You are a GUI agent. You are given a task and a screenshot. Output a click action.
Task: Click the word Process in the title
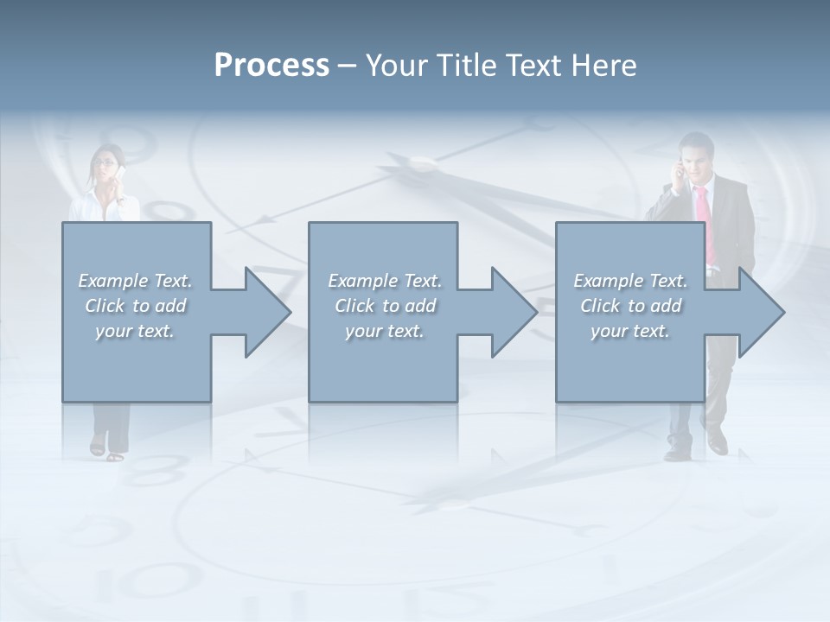tap(271, 66)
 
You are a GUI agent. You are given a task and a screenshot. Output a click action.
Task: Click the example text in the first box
tap(135, 306)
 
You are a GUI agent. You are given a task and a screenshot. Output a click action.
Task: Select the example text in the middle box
tap(384, 306)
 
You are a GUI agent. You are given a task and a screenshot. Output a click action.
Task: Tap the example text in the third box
tap(630, 306)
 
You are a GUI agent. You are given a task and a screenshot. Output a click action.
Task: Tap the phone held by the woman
tap(121, 174)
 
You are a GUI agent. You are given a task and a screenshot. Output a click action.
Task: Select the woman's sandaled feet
tap(106, 450)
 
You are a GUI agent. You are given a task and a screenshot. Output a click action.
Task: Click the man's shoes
tap(696, 449)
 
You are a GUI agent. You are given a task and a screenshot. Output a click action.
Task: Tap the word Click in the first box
tap(105, 306)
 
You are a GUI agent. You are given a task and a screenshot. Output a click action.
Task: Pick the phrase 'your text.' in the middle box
tap(384, 331)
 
